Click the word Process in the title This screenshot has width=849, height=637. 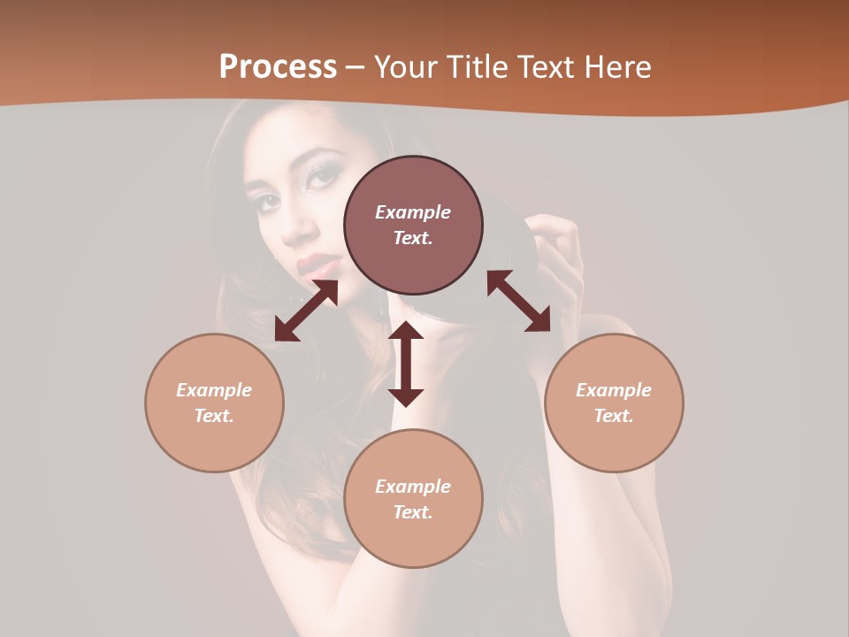pos(278,67)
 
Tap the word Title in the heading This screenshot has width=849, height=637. pos(477,67)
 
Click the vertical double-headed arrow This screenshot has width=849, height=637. pos(406,364)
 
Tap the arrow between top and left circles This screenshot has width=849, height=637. pos(306,311)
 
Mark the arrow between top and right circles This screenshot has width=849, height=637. pos(518,301)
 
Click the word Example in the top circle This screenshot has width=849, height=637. pos(413,212)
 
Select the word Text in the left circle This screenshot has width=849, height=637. pos(214,416)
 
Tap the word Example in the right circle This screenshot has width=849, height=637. pos(614,390)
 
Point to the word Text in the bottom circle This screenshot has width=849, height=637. pos(413,512)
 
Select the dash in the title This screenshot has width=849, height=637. pos(356,67)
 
